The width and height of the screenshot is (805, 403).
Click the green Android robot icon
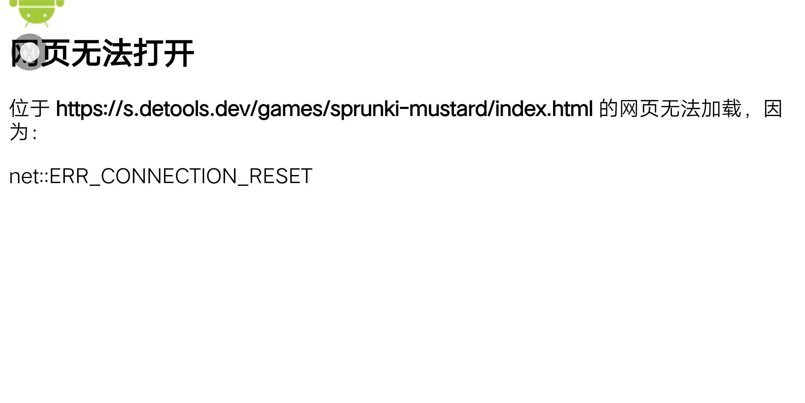37,12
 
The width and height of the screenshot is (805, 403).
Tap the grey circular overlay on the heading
29,52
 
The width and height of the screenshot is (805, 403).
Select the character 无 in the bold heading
86,53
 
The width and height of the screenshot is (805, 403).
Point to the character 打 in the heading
148,53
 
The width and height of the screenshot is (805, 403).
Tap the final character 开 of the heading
179,53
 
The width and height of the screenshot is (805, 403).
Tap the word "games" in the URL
290,109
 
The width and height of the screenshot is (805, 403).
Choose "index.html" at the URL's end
544,109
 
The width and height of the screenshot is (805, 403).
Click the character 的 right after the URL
608,109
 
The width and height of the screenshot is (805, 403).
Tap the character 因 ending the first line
773,109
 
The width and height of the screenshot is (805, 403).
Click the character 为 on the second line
19,132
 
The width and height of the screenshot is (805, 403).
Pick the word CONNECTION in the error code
169,176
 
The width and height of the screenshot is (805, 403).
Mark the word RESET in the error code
280,176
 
